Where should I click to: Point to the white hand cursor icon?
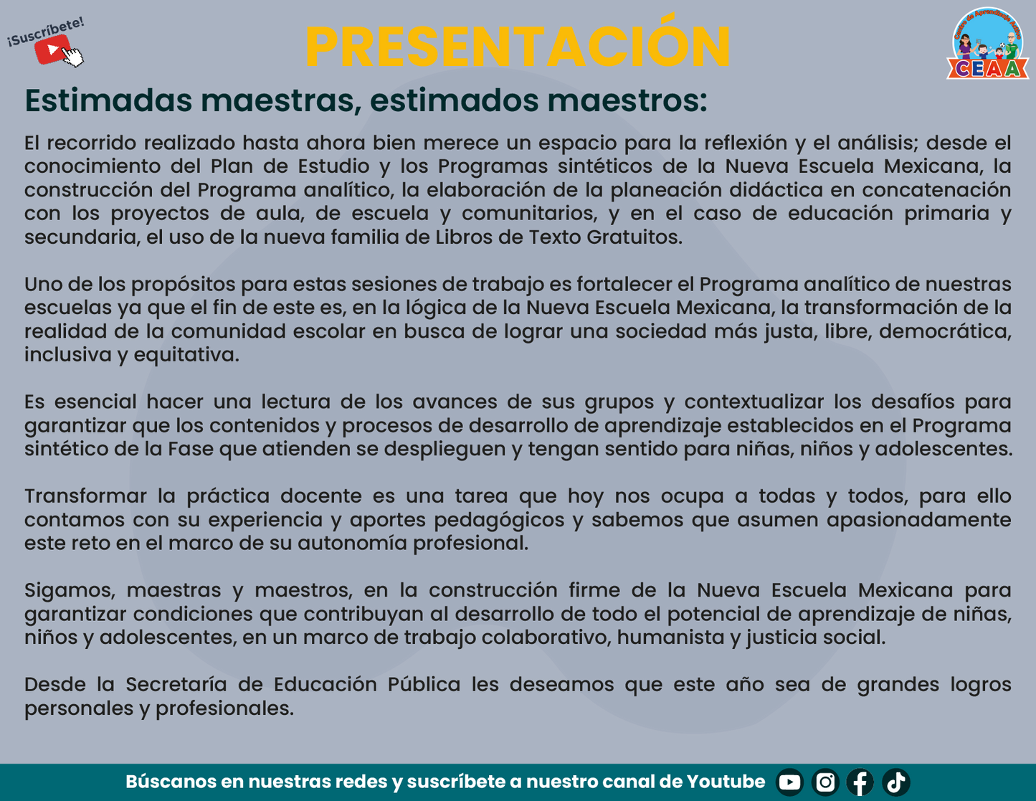[x=72, y=57]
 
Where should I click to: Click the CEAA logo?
[x=987, y=44]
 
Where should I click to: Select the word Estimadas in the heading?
[x=108, y=100]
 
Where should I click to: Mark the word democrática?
[x=945, y=331]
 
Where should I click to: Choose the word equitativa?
[x=186, y=355]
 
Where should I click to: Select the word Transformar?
[x=85, y=496]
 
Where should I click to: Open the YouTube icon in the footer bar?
[x=789, y=782]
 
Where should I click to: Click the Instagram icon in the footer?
[x=825, y=782]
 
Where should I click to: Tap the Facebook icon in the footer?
[x=860, y=782]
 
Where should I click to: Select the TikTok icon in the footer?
[x=895, y=782]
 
